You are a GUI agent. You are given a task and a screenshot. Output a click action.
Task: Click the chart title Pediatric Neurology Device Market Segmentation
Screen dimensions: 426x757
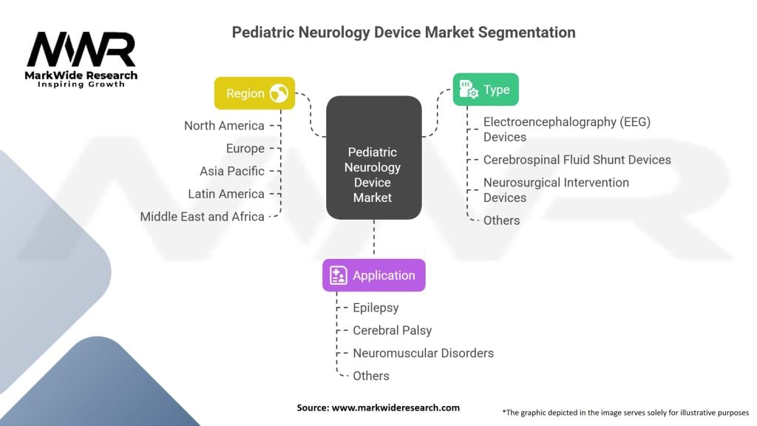pyautogui.click(x=404, y=33)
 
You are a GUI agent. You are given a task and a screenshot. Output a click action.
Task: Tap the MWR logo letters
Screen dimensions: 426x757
pyautogui.click(x=81, y=50)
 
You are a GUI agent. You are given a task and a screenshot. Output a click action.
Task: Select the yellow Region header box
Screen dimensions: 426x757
pyautogui.click(x=254, y=93)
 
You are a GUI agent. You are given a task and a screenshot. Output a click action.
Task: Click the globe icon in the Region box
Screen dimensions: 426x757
pyautogui.click(x=279, y=93)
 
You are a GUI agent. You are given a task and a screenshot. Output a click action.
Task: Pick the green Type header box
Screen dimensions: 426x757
pyautogui.click(x=485, y=89)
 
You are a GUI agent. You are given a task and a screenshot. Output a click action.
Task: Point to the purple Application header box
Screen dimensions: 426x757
pyautogui.click(x=373, y=275)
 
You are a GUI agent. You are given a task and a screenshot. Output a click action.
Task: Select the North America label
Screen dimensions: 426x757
pyautogui.click(x=224, y=126)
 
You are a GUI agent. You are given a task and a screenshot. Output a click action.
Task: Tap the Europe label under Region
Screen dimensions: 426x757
pyautogui.click(x=245, y=149)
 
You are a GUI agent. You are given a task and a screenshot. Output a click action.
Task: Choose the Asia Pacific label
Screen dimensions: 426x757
pyautogui.click(x=232, y=171)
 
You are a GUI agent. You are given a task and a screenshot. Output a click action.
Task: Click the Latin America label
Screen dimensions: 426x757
pyautogui.click(x=226, y=194)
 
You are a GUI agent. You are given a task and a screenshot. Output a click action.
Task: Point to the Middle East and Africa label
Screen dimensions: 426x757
pyautogui.click(x=203, y=217)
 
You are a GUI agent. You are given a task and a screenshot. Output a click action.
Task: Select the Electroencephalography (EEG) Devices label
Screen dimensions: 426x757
pyautogui.click(x=566, y=129)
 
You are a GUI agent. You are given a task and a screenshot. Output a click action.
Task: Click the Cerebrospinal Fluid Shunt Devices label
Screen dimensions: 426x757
pyautogui.click(x=577, y=160)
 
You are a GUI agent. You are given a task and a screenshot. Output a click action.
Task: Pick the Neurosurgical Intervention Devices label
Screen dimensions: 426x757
pyautogui.click(x=556, y=190)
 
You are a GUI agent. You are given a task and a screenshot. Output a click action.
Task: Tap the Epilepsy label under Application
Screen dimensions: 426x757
pyautogui.click(x=376, y=308)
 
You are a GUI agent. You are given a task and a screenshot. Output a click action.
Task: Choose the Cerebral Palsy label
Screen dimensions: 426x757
pyautogui.click(x=392, y=331)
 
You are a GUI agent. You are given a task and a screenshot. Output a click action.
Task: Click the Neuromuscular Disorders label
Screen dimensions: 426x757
pyautogui.click(x=423, y=353)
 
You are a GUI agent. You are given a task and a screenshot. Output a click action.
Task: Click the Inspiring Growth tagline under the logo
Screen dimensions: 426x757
pyautogui.click(x=81, y=84)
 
